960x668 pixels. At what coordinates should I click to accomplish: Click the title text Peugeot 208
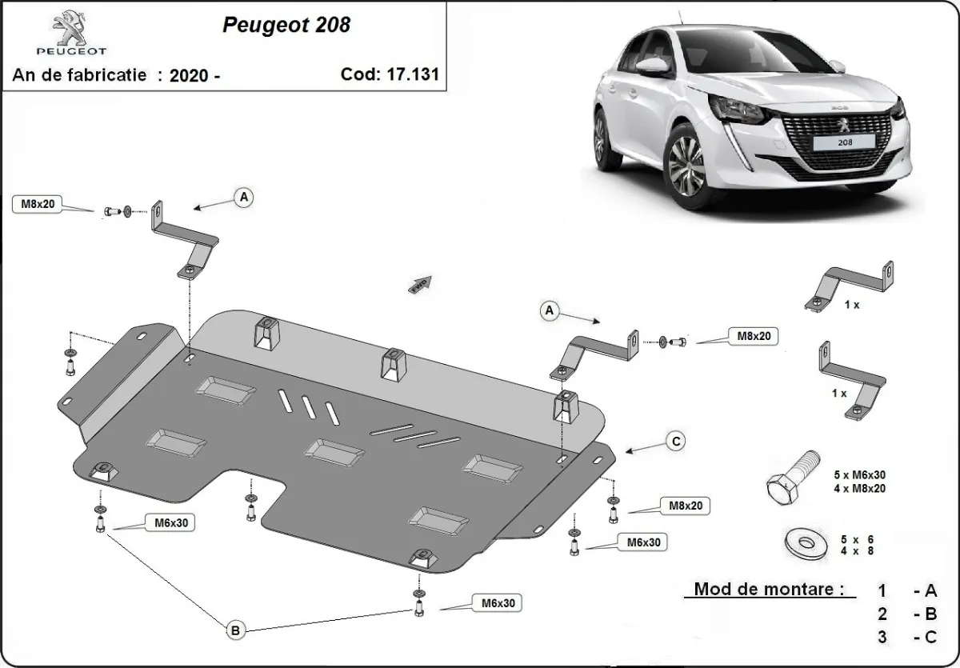(286, 25)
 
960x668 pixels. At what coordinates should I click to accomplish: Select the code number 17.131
(415, 74)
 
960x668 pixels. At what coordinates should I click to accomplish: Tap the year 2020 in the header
(190, 75)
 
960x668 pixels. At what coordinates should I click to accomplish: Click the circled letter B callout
(235, 631)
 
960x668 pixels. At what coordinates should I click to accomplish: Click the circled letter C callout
(676, 440)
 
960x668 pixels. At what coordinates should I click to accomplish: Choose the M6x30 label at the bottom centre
(498, 603)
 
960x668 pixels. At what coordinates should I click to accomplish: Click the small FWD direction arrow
(420, 283)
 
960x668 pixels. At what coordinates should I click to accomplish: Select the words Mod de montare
(769, 590)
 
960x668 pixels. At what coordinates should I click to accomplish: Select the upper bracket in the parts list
(850, 285)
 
